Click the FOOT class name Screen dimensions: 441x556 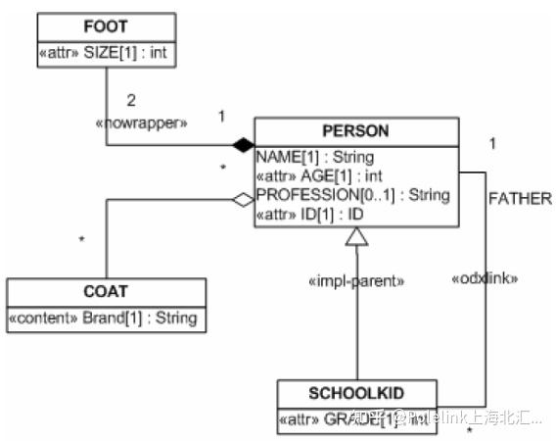(106, 26)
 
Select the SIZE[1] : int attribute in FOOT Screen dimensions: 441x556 (106, 54)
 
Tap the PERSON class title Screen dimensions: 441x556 (356, 130)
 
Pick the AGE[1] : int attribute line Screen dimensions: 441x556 (317, 175)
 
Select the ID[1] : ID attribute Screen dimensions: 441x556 (309, 214)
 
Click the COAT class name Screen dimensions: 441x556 (106, 292)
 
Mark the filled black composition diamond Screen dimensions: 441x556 (242, 146)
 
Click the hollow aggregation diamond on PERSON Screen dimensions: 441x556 (242, 200)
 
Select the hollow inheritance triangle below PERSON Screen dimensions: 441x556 (356, 236)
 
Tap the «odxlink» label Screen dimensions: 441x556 (484, 277)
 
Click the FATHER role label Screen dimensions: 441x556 (518, 198)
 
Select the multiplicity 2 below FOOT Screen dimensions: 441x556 (132, 101)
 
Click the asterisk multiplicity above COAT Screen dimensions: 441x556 (80, 238)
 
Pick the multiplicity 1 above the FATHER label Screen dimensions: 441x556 (492, 143)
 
